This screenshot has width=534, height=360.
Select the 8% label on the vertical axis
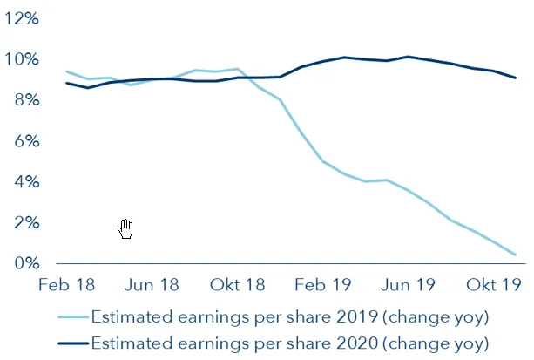click(x=25, y=100)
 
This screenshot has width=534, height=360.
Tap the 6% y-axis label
click(x=25, y=141)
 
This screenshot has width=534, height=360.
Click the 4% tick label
click(x=25, y=182)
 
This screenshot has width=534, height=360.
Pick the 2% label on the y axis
click(x=25, y=223)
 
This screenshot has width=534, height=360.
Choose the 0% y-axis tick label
click(x=25, y=263)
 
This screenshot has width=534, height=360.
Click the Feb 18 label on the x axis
click(x=67, y=285)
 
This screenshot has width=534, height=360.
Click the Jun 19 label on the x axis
click(x=409, y=285)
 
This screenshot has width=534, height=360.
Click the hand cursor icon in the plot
click(x=125, y=229)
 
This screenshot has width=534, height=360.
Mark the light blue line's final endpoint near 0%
click(x=516, y=255)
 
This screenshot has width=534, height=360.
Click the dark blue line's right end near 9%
click(x=516, y=78)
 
